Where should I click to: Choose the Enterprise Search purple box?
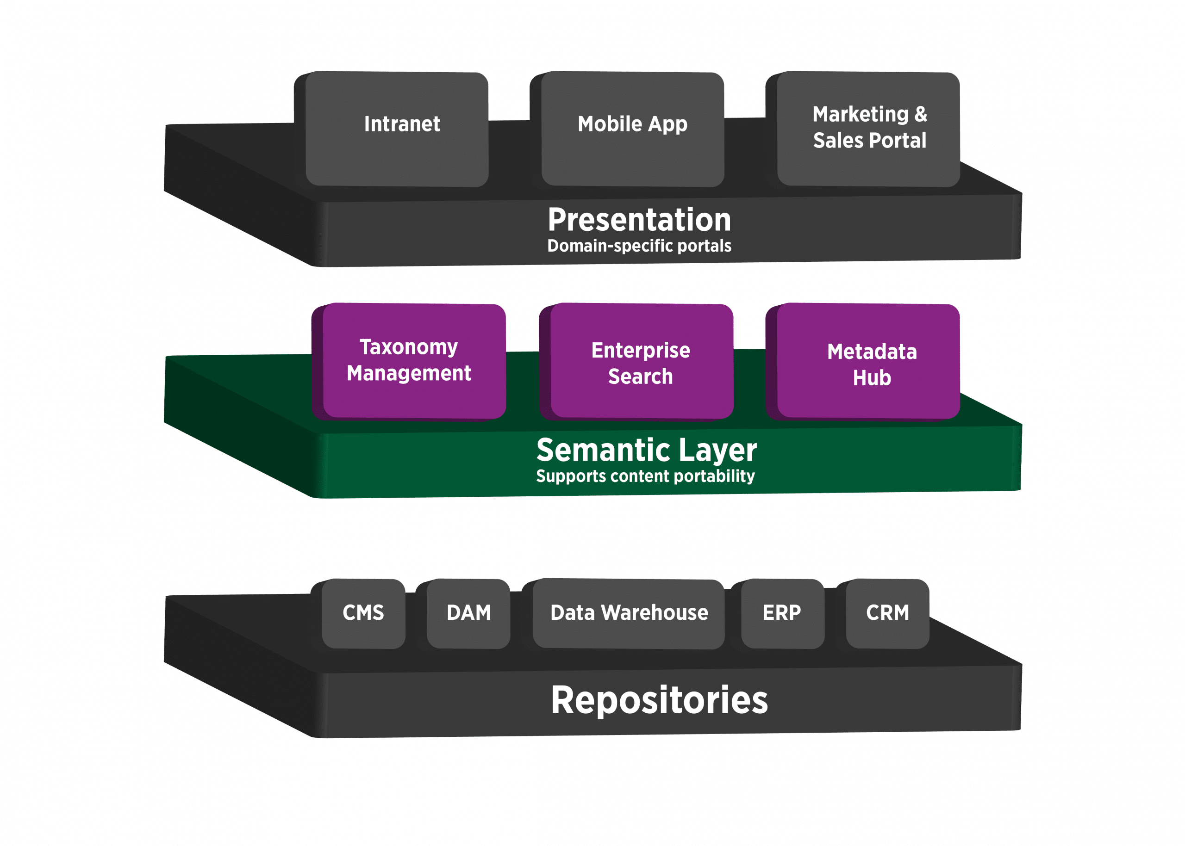tap(641, 361)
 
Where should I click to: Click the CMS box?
tap(363, 614)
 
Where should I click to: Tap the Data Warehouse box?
tap(629, 614)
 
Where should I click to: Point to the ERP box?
tap(782, 614)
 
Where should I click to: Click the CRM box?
tap(887, 614)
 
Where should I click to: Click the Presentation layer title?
tap(639, 220)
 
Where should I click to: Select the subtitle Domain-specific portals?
tap(639, 246)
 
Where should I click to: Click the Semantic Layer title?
tap(647, 450)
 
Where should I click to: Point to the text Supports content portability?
tap(645, 476)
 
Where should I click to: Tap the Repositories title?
tap(660, 700)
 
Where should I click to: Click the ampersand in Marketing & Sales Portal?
tap(921, 114)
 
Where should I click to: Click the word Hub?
tap(872, 378)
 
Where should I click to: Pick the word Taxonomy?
tap(409, 347)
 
